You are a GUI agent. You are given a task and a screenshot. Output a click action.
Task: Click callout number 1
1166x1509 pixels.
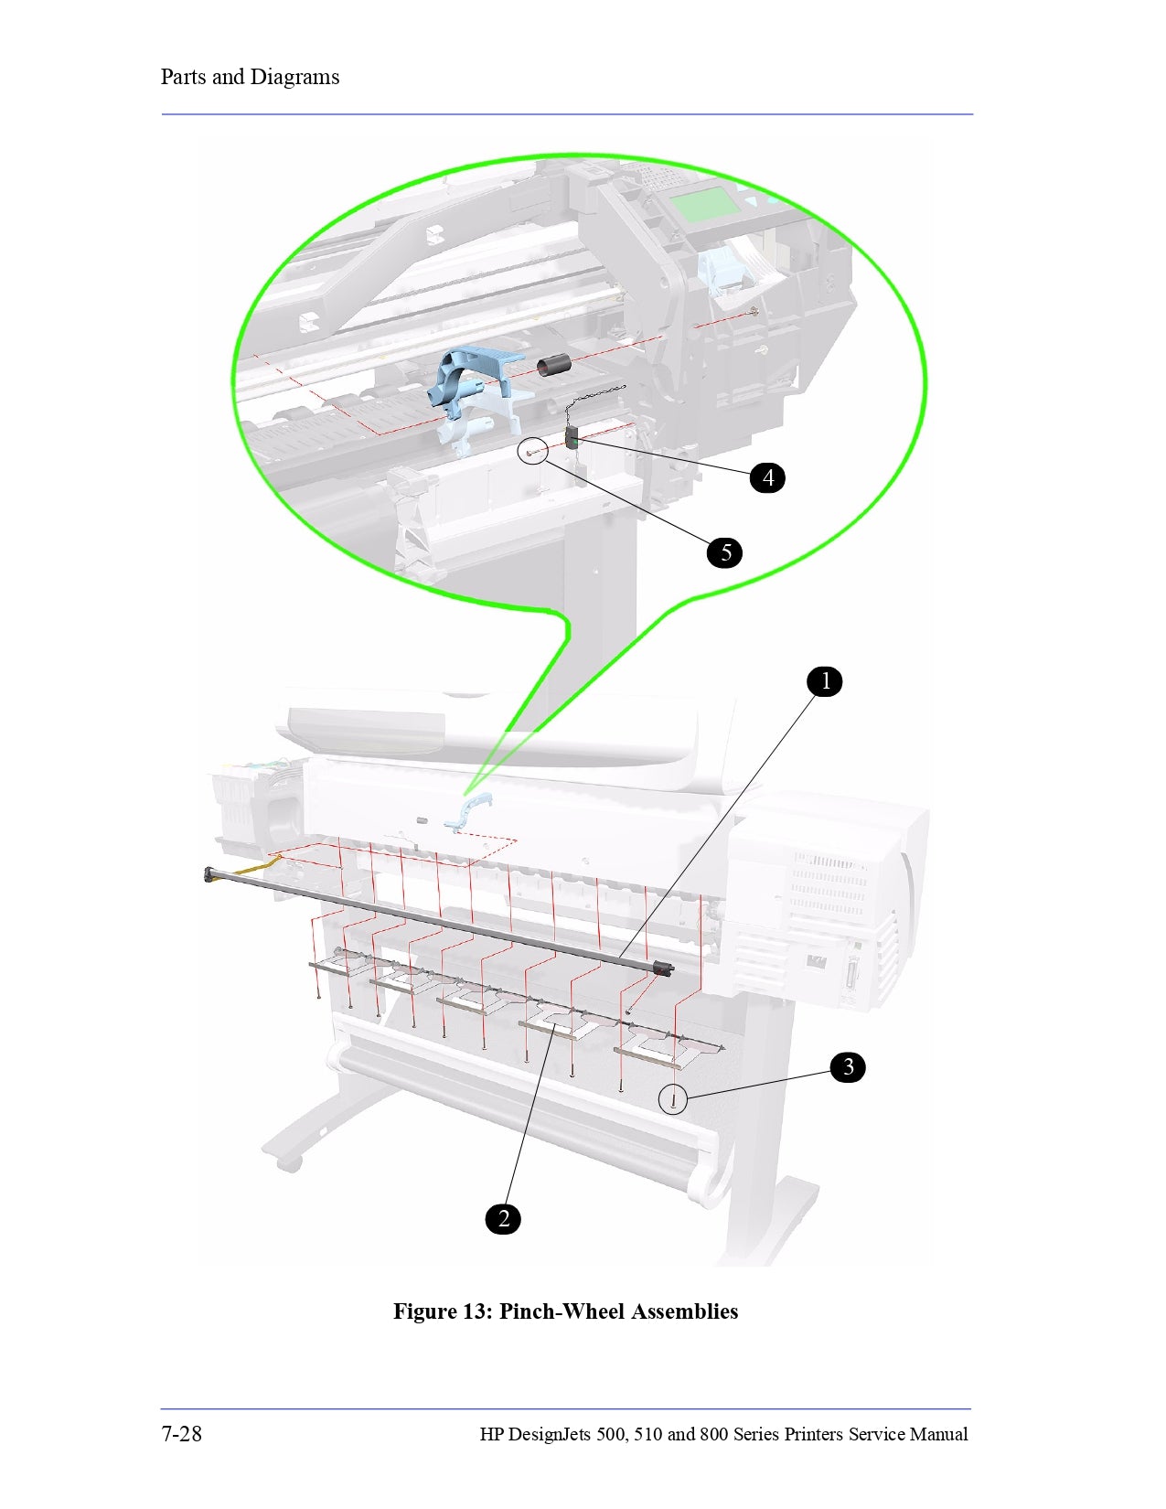825,681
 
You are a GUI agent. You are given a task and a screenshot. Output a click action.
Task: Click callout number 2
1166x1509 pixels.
503,1218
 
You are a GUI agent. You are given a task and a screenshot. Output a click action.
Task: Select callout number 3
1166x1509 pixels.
848,1066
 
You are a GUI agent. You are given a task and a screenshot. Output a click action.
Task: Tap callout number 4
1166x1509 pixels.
767,477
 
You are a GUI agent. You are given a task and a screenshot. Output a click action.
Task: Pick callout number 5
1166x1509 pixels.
725,552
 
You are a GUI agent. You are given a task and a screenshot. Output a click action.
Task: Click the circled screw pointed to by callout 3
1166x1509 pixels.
673,1099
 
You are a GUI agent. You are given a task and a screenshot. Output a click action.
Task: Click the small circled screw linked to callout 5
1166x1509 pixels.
532,452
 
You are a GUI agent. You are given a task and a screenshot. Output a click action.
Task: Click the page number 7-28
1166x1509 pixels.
181,1433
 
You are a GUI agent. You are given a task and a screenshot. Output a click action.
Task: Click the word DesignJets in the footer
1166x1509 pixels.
549,1434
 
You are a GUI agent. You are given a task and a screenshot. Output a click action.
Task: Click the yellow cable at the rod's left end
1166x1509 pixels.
257,865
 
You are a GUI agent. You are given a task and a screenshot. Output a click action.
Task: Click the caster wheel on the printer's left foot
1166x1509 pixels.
289,1163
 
